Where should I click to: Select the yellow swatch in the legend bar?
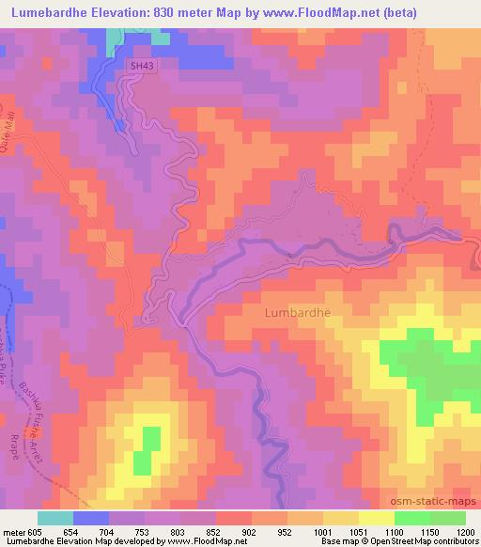pos(376,518)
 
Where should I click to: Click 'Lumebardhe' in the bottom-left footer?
pos(27,541)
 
